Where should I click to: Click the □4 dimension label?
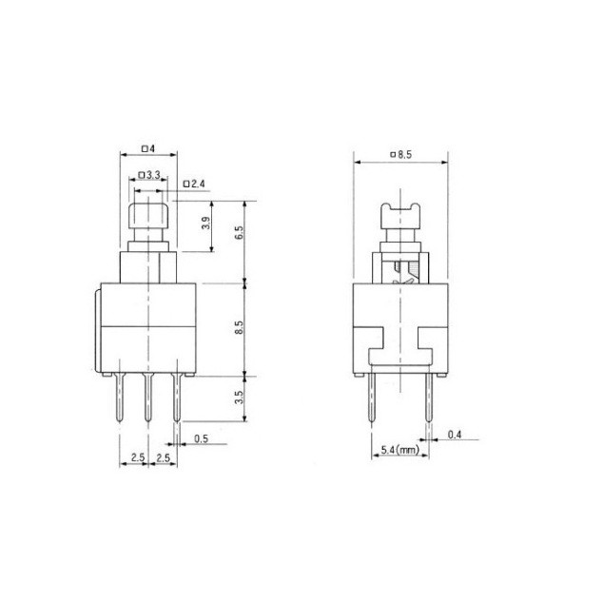tap(148, 148)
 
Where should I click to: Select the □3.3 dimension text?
tap(148, 175)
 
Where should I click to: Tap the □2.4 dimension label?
tap(194, 184)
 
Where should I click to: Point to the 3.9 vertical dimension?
tap(206, 224)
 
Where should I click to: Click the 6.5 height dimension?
tap(239, 233)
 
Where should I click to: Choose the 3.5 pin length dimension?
tap(239, 398)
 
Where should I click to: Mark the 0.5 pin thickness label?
tap(201, 438)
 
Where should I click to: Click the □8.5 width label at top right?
tap(401, 155)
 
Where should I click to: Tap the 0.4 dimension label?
tap(455, 435)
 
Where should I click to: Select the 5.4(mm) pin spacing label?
tap(400, 449)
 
